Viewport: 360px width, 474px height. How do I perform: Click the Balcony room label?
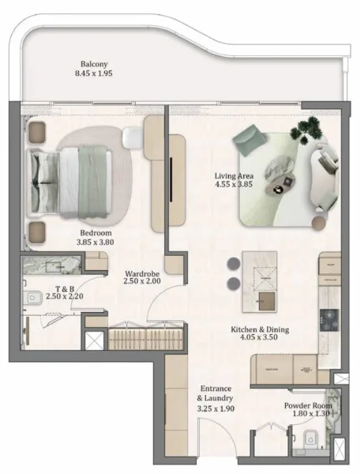click(93, 65)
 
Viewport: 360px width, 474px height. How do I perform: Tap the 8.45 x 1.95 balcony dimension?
click(93, 76)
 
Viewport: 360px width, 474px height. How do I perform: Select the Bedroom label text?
click(96, 234)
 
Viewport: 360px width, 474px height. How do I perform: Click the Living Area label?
click(235, 176)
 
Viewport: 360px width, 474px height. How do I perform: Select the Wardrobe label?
click(142, 275)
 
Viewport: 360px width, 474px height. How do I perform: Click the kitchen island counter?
click(265, 281)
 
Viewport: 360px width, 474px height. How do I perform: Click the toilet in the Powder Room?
click(311, 437)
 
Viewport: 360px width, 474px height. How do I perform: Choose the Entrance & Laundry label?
click(216, 393)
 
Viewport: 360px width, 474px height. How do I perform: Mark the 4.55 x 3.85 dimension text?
click(235, 186)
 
